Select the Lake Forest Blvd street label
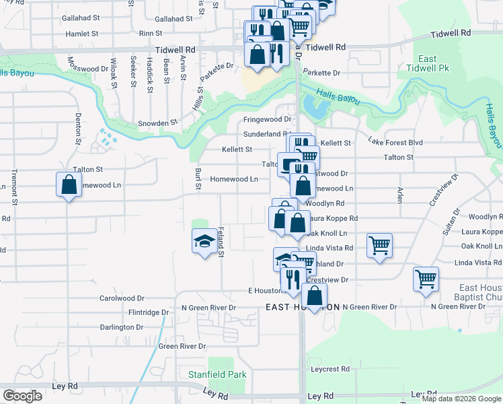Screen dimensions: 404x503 tap(395, 142)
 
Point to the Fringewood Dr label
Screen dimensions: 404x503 tap(267, 119)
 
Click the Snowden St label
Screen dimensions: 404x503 tap(157, 123)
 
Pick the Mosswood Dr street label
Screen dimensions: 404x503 tap(87, 69)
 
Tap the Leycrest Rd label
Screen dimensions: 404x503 tap(330, 369)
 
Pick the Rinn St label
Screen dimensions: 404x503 tap(150, 32)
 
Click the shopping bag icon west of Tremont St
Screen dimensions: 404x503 tap(69, 184)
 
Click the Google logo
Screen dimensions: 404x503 tap(22, 396)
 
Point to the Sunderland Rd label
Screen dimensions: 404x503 tap(266, 134)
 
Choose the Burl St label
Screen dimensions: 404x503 tap(198, 178)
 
